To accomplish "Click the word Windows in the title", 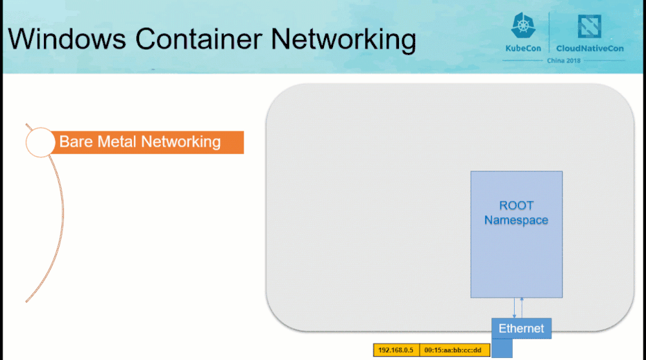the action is (x=67, y=39).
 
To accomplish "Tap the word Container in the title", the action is (x=199, y=39).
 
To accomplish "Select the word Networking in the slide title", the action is (x=343, y=40).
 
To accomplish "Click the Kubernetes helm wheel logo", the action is (x=523, y=26).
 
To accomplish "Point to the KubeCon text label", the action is (x=523, y=48).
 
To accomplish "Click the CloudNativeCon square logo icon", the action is (x=589, y=26).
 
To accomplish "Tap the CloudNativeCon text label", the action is (x=590, y=48).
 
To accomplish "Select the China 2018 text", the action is (x=564, y=61).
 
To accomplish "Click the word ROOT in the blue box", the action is (x=516, y=205).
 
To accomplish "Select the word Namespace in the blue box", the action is (x=516, y=220).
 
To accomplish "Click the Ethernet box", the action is (x=521, y=328).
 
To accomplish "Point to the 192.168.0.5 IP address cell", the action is (x=396, y=350).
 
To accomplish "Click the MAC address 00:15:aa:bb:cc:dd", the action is (x=453, y=350).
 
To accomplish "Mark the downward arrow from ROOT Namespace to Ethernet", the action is (x=514, y=308).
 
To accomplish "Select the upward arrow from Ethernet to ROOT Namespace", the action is (x=522, y=308).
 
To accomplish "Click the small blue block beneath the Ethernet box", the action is (x=502, y=348).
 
